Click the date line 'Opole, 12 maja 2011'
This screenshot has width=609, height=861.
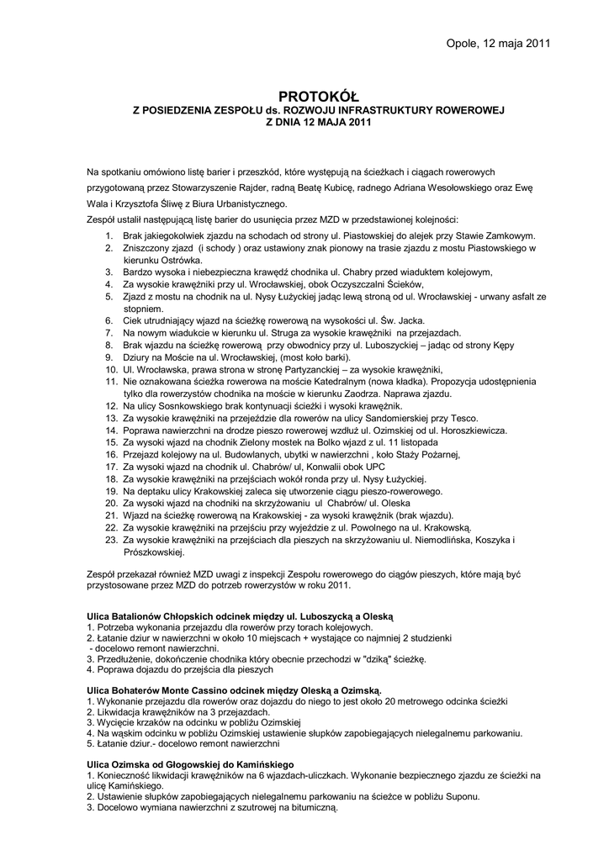click(x=498, y=44)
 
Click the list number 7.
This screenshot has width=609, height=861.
click(x=109, y=333)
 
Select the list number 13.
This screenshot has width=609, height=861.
click(x=111, y=418)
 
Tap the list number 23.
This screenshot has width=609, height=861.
click(x=111, y=540)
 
